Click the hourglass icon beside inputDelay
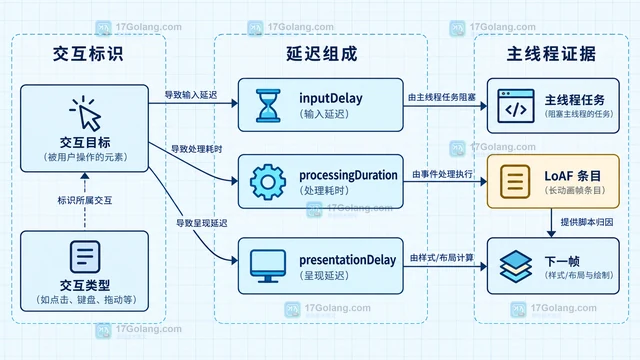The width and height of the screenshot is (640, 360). [268, 106]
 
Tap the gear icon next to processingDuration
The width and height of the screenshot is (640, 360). [268, 182]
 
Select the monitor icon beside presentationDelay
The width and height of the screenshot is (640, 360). [268, 266]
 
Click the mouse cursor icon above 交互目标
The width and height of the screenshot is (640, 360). [86, 113]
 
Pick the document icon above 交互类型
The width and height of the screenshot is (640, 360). [85, 257]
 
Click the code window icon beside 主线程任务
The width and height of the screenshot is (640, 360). [516, 106]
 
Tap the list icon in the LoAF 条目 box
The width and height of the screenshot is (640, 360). [515, 182]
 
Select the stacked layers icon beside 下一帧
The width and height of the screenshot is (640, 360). [516, 267]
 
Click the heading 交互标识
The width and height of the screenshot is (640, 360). [88, 54]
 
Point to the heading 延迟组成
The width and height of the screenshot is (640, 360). [322, 54]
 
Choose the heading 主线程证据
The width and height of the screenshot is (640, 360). [551, 54]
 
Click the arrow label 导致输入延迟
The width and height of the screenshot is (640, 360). [191, 95]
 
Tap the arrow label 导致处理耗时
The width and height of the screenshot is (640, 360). [196, 149]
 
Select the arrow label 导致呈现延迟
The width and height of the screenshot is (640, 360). [202, 223]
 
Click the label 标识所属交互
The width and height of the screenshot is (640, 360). [85, 200]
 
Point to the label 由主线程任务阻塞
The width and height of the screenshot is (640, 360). [442, 97]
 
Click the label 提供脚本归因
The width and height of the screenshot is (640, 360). [587, 222]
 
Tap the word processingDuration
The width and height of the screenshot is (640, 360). [348, 175]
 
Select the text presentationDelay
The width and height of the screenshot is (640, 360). [348, 260]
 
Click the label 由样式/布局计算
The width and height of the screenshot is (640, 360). [442, 258]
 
